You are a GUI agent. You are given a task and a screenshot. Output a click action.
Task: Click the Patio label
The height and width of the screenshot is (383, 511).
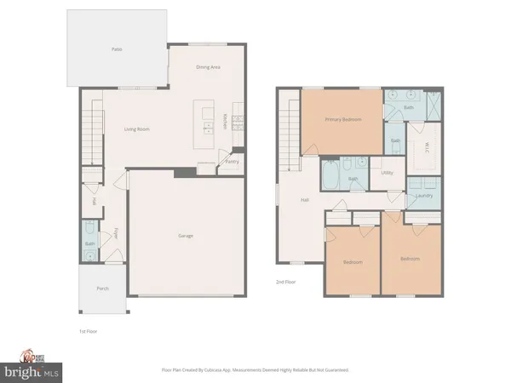point(117,50)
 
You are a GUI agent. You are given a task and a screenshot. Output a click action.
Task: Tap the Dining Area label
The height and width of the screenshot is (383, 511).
point(208,66)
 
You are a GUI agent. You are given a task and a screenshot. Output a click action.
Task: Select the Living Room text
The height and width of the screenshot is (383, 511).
point(137,130)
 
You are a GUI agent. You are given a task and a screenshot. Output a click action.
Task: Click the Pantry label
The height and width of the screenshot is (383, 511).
point(230,160)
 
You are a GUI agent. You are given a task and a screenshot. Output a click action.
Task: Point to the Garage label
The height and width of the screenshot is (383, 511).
point(185,236)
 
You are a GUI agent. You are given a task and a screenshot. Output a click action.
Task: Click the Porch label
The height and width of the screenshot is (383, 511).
point(102,289)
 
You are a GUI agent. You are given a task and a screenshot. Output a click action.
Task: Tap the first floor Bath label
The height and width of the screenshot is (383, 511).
point(89,243)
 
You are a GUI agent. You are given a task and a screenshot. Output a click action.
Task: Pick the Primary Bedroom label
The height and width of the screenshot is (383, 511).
point(342,120)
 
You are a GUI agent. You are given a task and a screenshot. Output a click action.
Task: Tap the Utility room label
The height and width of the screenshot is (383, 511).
point(388,173)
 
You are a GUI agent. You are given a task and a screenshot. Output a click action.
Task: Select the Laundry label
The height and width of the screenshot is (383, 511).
point(424,196)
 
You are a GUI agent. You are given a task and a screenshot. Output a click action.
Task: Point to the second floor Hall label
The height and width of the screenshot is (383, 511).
point(304,201)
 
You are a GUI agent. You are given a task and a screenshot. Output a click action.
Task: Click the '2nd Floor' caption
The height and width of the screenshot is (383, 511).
point(286,281)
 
